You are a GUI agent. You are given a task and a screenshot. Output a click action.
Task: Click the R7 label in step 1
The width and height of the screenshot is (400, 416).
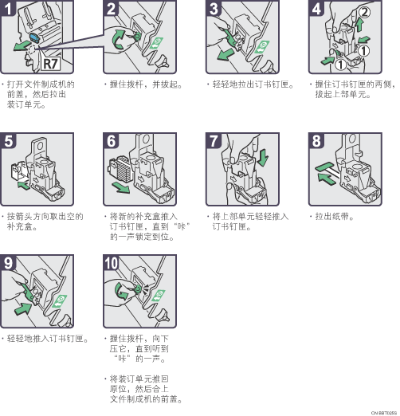(x=50, y=64)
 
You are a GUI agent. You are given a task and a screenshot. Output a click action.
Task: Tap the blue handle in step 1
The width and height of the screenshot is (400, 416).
(x=34, y=37)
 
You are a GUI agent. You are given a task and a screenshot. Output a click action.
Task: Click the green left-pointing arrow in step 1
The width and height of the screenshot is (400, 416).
(x=22, y=45)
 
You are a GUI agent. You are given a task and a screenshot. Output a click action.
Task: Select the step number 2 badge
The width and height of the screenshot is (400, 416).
(x=111, y=9)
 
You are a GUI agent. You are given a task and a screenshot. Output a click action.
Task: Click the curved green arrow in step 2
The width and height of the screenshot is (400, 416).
(x=118, y=40)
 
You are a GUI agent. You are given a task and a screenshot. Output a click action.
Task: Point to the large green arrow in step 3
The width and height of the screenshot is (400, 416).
(x=225, y=54)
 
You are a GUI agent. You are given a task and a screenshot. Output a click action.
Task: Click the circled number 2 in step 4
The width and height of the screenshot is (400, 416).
(x=364, y=13)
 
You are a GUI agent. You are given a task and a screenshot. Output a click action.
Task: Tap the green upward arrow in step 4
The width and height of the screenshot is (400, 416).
(x=359, y=26)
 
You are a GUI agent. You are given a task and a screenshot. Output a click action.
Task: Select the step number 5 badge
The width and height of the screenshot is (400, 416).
(x=8, y=141)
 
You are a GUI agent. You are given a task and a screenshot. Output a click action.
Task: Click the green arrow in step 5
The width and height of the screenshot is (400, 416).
(x=24, y=185)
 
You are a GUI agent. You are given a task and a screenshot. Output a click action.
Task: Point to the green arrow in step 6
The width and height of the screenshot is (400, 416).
(x=120, y=187)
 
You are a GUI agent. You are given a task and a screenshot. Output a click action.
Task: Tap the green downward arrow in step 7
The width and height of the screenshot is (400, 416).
(x=263, y=158)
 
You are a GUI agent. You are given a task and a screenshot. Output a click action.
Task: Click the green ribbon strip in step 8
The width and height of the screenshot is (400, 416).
(x=324, y=167)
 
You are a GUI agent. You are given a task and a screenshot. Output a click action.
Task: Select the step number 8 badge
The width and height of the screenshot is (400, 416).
(x=316, y=141)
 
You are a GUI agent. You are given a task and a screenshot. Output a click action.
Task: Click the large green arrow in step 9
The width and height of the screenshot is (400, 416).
(x=23, y=308)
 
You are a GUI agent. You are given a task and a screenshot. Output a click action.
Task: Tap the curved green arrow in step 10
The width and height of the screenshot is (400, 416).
(x=121, y=291)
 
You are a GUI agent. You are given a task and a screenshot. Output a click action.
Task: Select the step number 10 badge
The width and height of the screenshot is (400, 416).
(x=111, y=263)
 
